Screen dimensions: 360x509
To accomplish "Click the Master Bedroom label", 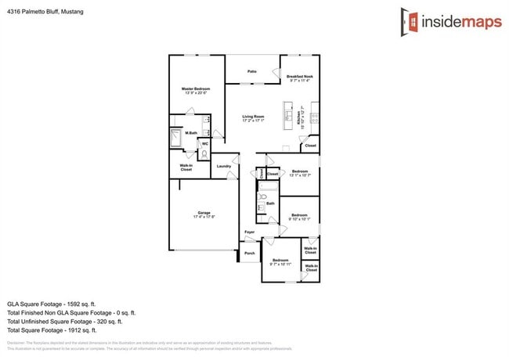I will pos(196,91).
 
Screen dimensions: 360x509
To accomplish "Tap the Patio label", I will pos(252,71).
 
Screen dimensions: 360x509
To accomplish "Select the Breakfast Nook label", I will pos(299,78).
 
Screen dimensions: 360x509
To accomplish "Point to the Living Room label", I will pos(253,118).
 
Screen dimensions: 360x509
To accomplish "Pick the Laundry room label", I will pos(223,166).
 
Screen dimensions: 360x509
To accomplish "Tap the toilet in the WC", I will pos(204,154).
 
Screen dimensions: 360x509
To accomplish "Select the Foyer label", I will pos(250,232).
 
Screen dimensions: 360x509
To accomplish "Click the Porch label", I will pos(250,254).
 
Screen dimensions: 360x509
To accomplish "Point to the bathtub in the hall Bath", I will pos(262,203).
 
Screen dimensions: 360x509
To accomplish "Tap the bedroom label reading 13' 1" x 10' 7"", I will pos(300,173).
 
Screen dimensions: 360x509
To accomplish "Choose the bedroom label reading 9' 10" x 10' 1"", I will pos(300,217).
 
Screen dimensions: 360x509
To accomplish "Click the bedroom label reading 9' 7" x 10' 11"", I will pos(280,262).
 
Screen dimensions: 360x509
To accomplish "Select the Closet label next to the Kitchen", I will pos(310,146).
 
